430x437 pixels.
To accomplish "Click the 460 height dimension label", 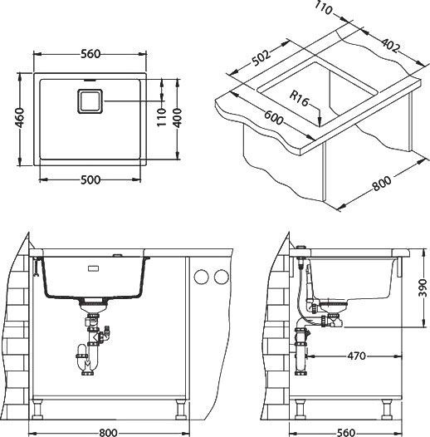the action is [20, 117].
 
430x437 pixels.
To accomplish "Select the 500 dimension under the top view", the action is [90, 180].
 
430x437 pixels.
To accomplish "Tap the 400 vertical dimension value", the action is [177, 118].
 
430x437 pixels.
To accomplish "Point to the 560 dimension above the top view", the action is [90, 54].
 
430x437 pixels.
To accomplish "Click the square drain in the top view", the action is [90, 101].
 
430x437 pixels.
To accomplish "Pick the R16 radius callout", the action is [299, 98].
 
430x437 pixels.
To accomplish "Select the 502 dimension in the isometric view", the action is [261, 58].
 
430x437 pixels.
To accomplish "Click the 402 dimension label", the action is [390, 45].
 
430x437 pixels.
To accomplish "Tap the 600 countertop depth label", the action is [273, 117].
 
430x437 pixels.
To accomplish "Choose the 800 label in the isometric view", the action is [382, 183].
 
